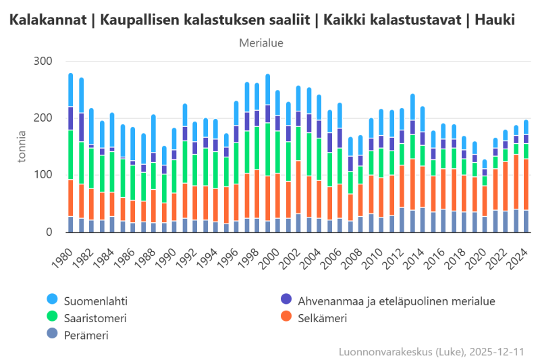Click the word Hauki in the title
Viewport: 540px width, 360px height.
coord(495,21)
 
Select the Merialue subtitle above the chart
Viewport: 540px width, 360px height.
coord(261,43)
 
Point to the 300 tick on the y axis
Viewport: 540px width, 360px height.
coord(43,61)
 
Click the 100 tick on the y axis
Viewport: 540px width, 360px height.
coord(43,175)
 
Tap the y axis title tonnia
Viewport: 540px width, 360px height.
coord(22,147)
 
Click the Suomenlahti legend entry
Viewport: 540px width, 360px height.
coord(97,299)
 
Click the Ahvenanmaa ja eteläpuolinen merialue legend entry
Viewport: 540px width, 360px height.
coord(388,299)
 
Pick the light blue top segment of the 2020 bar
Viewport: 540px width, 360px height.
coord(485,164)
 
